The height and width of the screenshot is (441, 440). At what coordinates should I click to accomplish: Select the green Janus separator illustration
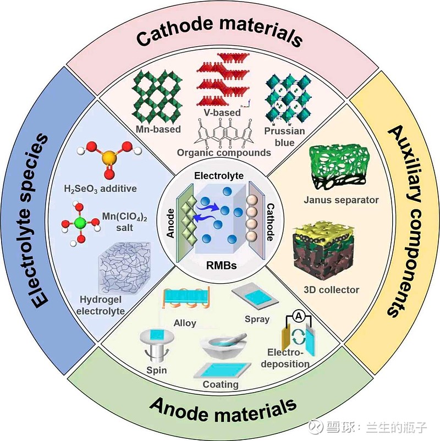point(337,165)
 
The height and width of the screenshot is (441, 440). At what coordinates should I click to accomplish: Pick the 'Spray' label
point(257,319)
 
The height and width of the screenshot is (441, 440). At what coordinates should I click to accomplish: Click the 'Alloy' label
point(184,323)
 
